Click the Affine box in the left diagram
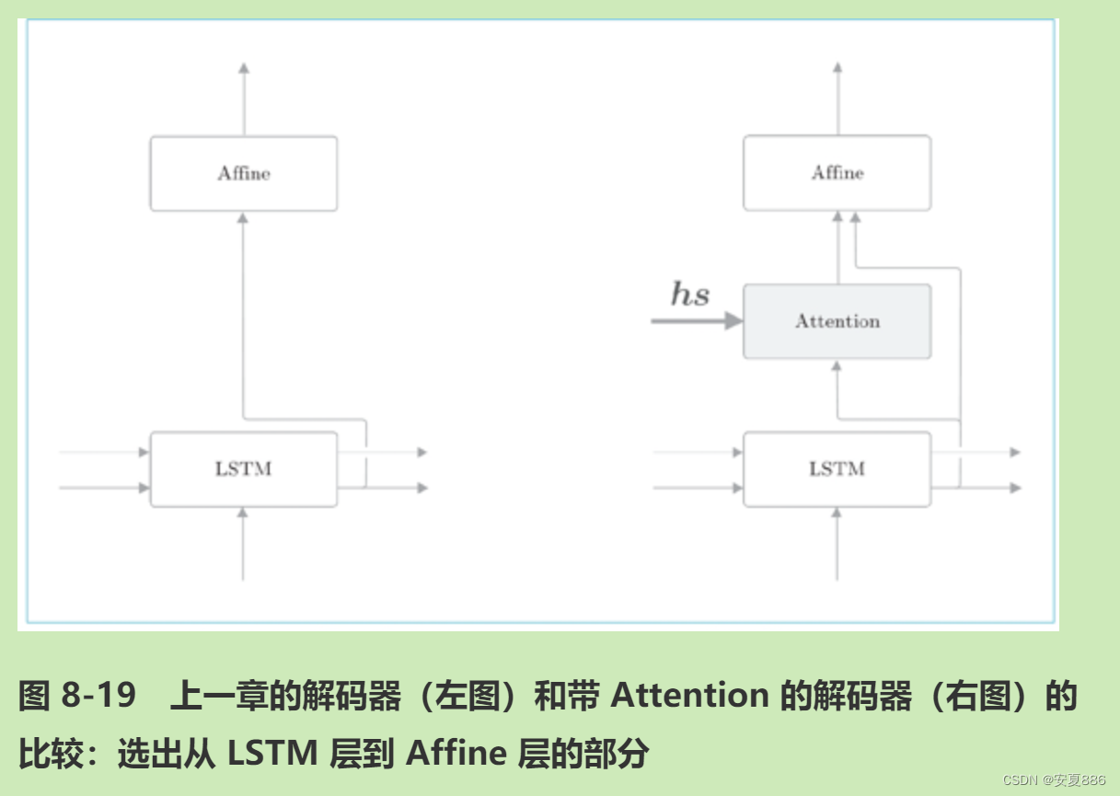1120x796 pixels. tap(244, 174)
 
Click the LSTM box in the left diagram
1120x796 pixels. tap(244, 469)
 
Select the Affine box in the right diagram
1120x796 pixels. tap(837, 173)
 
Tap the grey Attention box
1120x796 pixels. tap(837, 321)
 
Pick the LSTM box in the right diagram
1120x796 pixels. tap(837, 469)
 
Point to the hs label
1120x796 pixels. tap(690, 294)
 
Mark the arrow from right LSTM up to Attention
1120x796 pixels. tap(837, 396)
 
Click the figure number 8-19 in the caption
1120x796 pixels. tap(98, 697)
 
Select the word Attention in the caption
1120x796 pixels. tap(689, 697)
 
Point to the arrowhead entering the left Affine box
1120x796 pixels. tap(243, 218)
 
